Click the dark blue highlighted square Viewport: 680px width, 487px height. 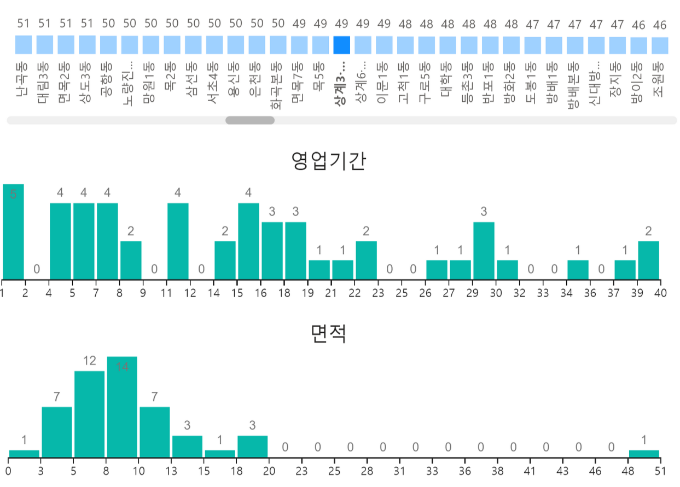click(x=341, y=45)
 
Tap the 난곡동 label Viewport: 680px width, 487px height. click(x=23, y=79)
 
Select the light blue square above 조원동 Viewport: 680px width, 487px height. click(x=660, y=45)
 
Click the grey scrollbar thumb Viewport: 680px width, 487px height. click(x=250, y=120)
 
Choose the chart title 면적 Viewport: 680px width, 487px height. click(x=328, y=333)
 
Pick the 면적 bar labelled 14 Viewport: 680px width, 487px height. click(x=122, y=407)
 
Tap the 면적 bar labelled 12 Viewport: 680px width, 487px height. click(x=89, y=414)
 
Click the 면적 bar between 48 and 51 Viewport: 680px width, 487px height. click(x=644, y=453)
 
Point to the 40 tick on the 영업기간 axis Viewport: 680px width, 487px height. click(x=660, y=293)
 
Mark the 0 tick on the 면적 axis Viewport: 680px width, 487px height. click(x=9, y=471)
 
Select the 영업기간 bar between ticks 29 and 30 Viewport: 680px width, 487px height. click(x=484, y=251)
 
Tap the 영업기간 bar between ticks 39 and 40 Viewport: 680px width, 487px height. click(x=648, y=260)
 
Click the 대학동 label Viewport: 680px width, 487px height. click(x=447, y=80)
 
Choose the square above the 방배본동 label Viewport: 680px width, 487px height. click(x=575, y=45)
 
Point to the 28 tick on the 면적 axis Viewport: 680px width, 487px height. click(x=367, y=471)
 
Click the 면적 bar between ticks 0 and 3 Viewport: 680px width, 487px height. click(x=24, y=453)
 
